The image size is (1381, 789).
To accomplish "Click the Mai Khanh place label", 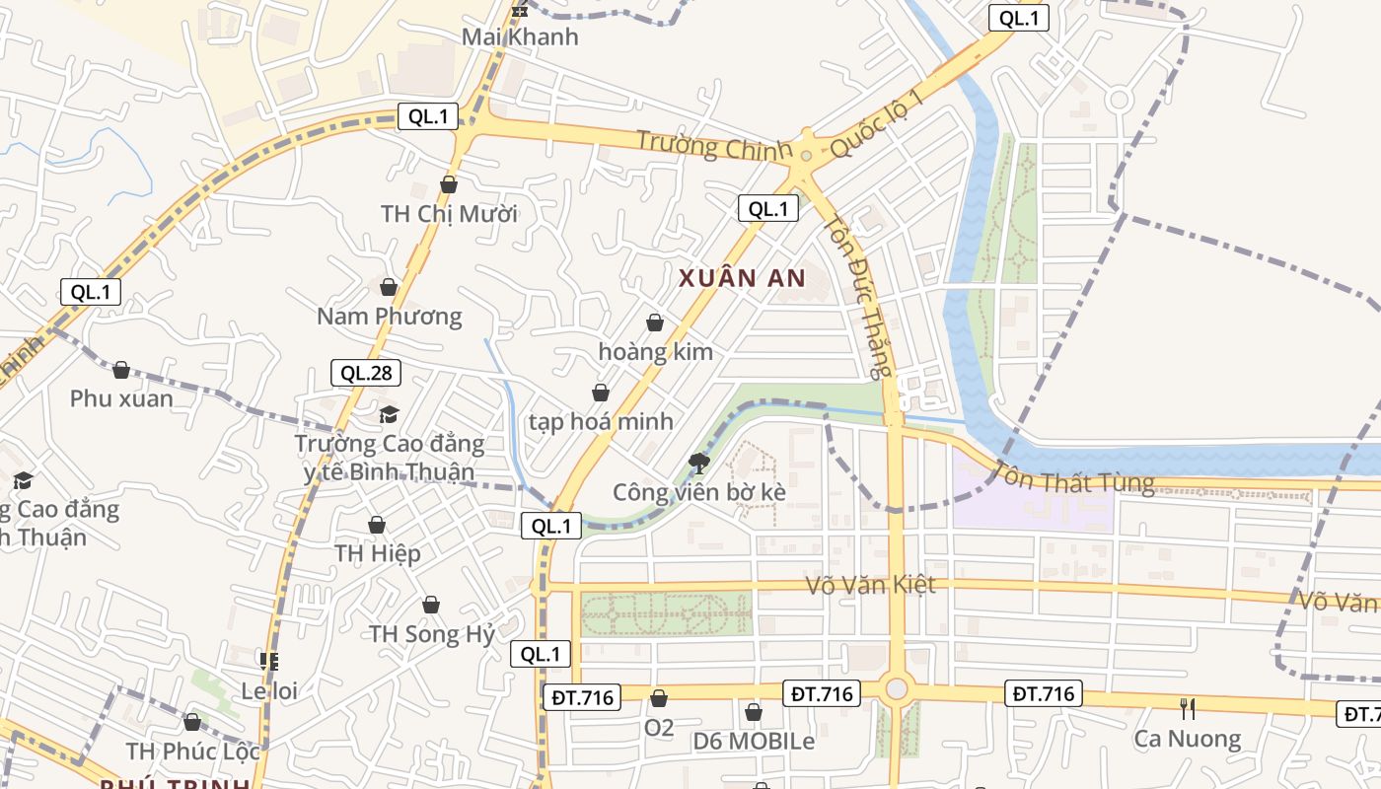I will click(x=521, y=37).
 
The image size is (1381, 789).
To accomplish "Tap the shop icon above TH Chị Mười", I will click(x=449, y=184).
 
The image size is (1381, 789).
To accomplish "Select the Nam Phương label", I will click(x=389, y=317).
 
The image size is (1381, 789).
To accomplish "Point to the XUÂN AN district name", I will click(x=742, y=279).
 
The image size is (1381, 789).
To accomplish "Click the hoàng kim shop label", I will click(x=655, y=352).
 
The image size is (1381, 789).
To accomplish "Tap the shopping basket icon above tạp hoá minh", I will click(x=600, y=394).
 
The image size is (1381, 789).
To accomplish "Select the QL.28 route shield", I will click(x=365, y=373).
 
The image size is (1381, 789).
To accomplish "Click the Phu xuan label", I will click(x=121, y=399).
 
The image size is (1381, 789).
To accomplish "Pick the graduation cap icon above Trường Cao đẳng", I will click(x=389, y=414).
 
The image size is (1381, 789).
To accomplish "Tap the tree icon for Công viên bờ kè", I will click(x=699, y=463).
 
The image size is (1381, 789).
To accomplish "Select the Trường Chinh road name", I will click(x=713, y=145).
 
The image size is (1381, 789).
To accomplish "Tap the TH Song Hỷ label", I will click(x=431, y=634).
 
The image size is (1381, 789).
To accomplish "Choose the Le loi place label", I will click(x=269, y=691).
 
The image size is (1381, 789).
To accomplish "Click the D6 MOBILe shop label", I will click(x=754, y=742).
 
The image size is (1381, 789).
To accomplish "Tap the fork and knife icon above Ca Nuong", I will click(x=1188, y=708).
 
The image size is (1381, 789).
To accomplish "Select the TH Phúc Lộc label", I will click(x=193, y=752).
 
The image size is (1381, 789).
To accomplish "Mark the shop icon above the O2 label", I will click(x=659, y=698).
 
